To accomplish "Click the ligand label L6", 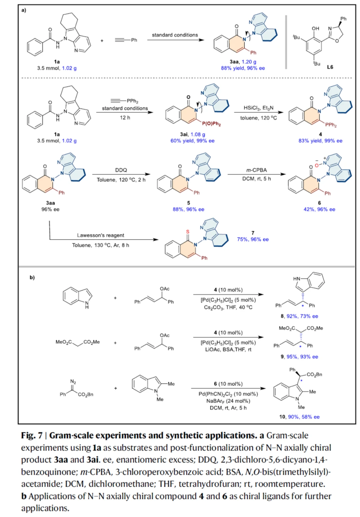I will pos(330,67).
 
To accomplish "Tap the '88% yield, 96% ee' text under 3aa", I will pos(243,68).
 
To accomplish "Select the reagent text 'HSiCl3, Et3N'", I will pos(258,108).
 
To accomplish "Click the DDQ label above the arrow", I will pos(121,170).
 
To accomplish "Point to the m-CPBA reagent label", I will pos(256,170).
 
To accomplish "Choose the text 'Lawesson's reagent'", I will pos(100,235).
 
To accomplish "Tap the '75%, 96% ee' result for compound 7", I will pos(253,239).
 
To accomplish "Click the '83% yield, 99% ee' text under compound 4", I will pos(320,141).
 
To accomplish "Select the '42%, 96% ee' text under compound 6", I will pos(319,209).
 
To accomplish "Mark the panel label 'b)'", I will pos(32,277).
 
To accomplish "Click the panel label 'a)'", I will pos(24,10).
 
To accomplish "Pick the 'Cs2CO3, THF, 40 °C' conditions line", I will pos(228,307).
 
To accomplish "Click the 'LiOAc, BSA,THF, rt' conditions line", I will pos(228,349).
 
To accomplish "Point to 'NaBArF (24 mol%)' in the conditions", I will pos(228,401).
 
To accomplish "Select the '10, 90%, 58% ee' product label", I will pos(299,417).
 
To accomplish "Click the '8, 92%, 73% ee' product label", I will pos(299,316).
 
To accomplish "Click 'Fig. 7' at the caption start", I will pos(32,435).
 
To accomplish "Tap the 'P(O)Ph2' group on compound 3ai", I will pos(211,124).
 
